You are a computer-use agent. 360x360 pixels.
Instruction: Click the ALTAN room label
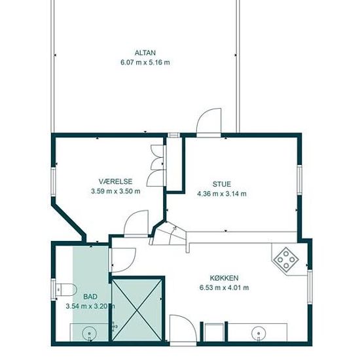pos(145,53)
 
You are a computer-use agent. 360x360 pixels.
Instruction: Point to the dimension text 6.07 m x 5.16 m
pos(145,62)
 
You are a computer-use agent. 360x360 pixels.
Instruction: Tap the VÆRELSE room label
pos(115,181)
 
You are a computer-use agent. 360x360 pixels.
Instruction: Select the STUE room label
pos(221,184)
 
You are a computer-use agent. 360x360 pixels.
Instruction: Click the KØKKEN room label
pos(224,278)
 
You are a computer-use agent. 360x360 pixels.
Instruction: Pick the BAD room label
pos(90,297)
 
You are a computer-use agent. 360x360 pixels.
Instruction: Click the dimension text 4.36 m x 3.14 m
pos(222,194)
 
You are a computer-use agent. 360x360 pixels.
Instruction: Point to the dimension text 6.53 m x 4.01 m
pos(224,288)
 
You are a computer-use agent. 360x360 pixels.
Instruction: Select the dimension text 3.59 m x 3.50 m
pos(115,191)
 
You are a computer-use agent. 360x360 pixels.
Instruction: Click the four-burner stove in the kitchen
pos(286,260)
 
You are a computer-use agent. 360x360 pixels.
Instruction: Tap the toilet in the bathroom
pos(66,290)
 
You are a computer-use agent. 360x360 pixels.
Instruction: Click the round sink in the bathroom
pos(89,333)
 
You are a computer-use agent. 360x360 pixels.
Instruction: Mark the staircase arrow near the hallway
pos(172,235)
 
